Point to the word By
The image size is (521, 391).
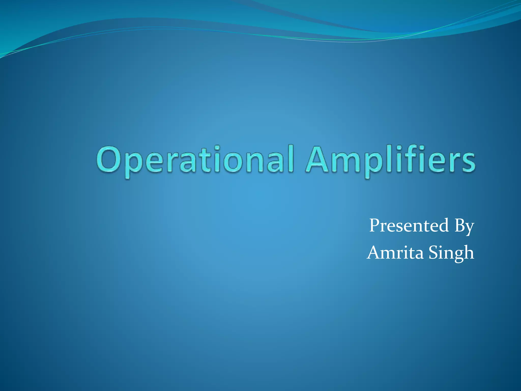tap(464, 226)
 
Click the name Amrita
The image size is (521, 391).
tap(396, 253)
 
